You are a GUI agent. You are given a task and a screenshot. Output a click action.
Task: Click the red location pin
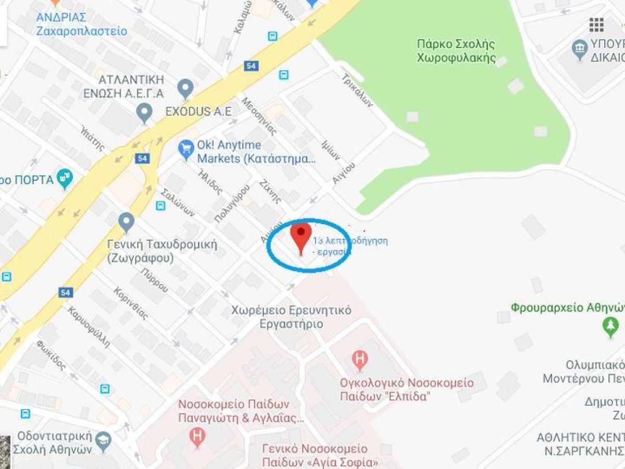[x=301, y=236]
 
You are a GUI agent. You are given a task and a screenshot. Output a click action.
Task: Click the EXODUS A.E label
[x=198, y=112]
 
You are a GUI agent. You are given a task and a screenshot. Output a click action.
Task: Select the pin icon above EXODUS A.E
[x=185, y=88]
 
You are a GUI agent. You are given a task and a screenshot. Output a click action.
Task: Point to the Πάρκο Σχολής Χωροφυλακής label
[x=456, y=51]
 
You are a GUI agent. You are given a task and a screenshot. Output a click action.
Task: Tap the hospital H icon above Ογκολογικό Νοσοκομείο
[x=359, y=359]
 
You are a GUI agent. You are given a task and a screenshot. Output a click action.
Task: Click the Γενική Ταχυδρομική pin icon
[x=126, y=222]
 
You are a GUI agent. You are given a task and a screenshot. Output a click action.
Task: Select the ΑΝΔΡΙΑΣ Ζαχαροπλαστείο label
[x=81, y=24]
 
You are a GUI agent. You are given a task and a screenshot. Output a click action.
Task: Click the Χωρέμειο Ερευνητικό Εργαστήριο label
[x=292, y=317]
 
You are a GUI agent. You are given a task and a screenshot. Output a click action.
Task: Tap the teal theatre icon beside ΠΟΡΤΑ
[x=65, y=179]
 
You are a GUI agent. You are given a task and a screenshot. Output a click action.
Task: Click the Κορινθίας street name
[x=131, y=303]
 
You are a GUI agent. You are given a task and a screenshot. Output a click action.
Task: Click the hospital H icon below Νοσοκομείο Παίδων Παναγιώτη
[x=197, y=437]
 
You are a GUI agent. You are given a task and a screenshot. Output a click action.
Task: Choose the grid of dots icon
[x=596, y=24]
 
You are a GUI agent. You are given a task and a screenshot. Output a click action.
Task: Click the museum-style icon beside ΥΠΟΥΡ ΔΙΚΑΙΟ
[x=579, y=50]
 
